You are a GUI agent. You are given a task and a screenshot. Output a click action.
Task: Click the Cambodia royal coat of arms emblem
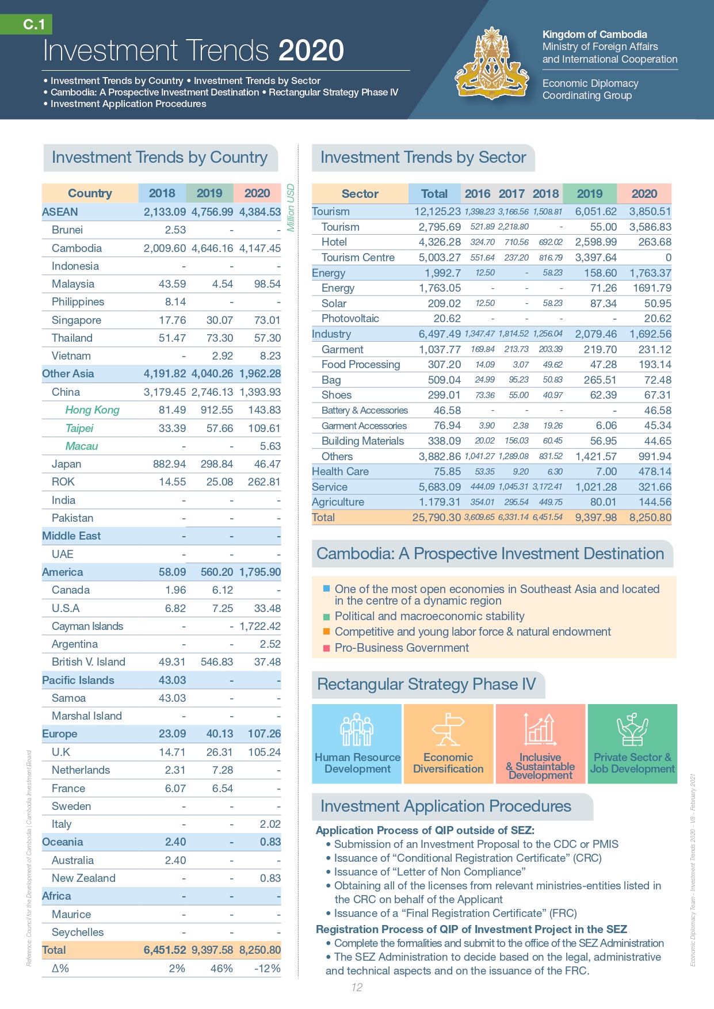click(492, 64)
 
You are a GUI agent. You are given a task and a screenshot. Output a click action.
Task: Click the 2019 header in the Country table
click(209, 193)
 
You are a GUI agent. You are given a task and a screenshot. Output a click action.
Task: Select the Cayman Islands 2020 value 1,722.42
click(260, 626)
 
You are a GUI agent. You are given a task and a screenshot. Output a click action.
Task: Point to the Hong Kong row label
click(92, 410)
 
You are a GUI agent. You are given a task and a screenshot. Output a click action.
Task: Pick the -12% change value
click(267, 968)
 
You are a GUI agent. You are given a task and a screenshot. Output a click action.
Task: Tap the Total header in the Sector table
click(434, 194)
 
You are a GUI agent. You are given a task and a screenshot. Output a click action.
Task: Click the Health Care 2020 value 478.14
click(650, 471)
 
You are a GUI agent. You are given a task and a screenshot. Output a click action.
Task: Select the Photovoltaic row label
click(350, 318)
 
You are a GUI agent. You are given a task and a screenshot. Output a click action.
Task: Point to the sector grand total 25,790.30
click(436, 517)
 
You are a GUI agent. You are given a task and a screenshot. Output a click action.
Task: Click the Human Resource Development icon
click(357, 729)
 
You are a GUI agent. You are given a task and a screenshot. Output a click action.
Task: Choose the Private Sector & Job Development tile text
click(632, 763)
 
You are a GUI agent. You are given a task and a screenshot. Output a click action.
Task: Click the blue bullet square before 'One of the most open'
click(327, 588)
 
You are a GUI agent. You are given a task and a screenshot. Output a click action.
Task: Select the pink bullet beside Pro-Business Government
click(327, 648)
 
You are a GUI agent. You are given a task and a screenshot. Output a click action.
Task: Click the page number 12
click(357, 987)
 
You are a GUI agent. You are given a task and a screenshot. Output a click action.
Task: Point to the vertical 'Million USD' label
click(291, 208)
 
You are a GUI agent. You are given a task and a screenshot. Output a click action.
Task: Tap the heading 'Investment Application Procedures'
click(445, 806)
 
